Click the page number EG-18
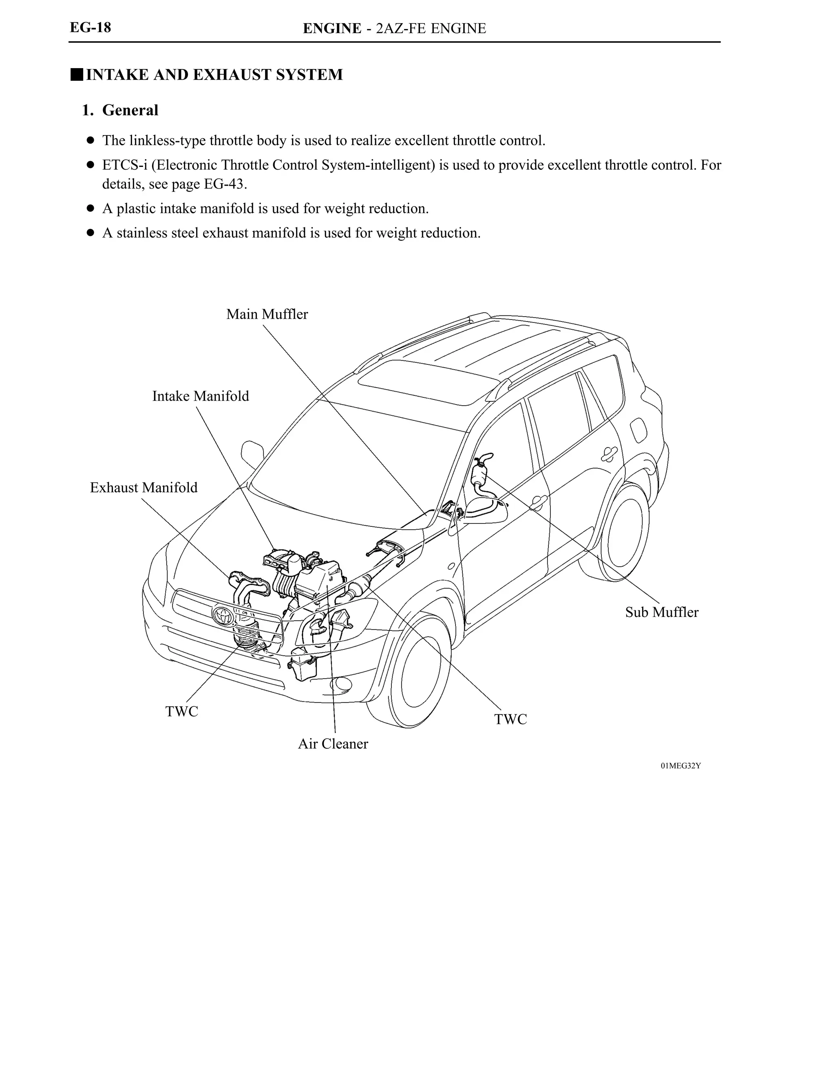point(90,28)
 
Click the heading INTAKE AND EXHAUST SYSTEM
point(214,75)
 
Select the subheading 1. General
point(120,110)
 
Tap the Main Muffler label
point(267,315)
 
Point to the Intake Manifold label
point(200,396)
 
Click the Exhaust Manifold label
point(144,488)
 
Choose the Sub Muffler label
point(661,612)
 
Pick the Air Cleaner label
point(333,744)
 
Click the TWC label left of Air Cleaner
point(181,712)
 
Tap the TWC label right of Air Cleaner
point(510,719)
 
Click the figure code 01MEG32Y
point(680,766)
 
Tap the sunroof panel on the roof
point(428,383)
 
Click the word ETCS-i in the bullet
point(124,165)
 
